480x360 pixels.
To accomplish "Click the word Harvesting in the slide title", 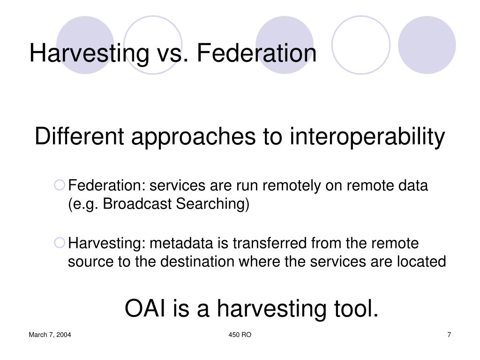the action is (89, 53).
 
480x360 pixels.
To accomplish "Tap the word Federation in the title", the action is (256, 53).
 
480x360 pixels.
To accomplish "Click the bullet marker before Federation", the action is (60, 185).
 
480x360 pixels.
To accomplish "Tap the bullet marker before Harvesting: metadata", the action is (60, 243).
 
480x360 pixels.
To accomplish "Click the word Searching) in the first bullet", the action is (213, 204).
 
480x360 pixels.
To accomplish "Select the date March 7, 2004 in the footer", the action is (50, 335).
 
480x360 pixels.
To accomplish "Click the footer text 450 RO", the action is (240, 335).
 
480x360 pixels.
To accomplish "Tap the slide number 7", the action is (449, 335).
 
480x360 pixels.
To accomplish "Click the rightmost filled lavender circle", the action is (427, 45).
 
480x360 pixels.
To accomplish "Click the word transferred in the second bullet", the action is (270, 243).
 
